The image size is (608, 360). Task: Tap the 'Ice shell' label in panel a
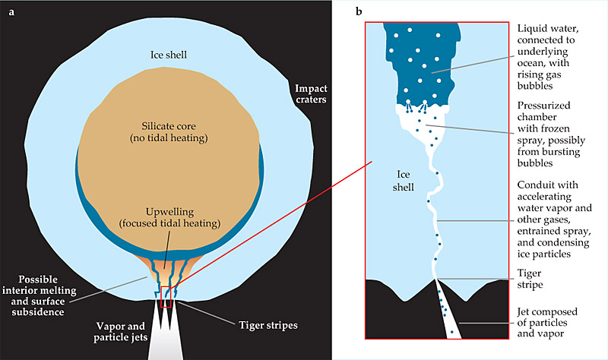[x=168, y=55]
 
